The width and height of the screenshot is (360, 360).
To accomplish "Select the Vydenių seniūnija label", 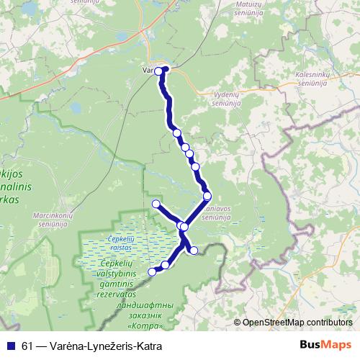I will click(x=231, y=99).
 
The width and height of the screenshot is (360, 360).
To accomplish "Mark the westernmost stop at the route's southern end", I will click(x=152, y=271).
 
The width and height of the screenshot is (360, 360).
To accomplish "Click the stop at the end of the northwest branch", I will click(x=156, y=204).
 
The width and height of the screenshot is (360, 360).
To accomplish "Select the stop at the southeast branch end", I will click(x=193, y=250).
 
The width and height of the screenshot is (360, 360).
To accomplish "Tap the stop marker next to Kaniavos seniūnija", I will click(x=207, y=196).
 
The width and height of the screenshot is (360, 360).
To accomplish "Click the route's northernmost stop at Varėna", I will click(x=163, y=70).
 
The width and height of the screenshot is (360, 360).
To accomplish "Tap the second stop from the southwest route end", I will click(x=165, y=265).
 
